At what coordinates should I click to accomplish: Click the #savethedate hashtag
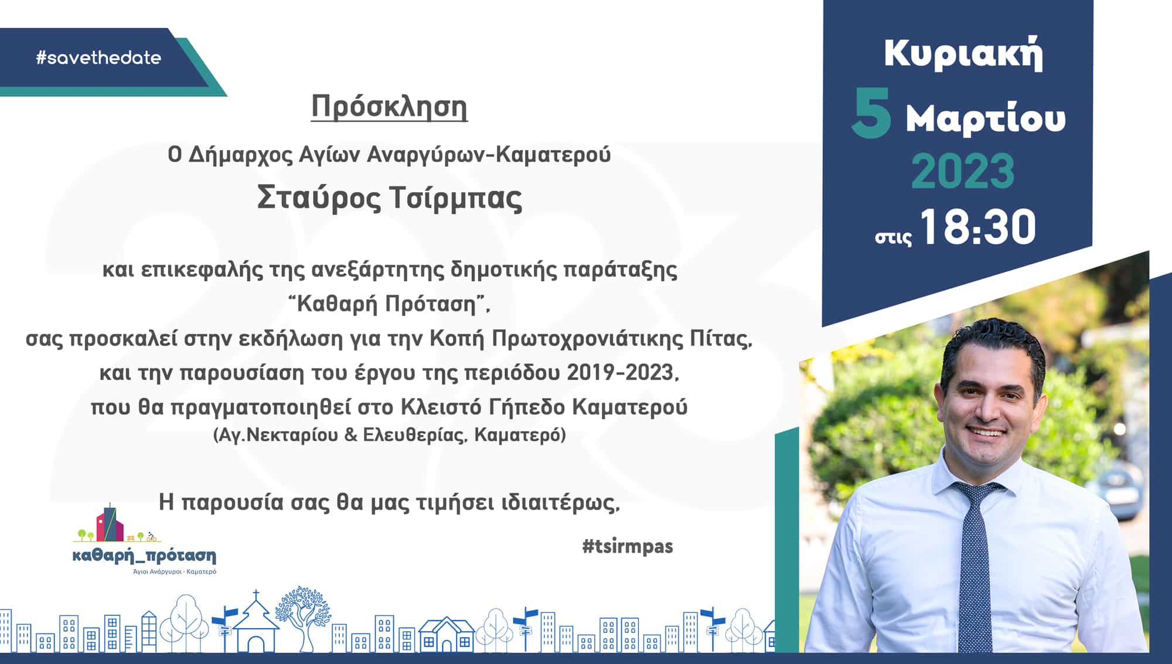pos(98,57)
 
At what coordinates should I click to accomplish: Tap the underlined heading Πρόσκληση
pos(389,107)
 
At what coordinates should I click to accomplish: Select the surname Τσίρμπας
pos(455,198)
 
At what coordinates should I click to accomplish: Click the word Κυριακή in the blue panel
pos(963,55)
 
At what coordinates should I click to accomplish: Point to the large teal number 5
pos(871,114)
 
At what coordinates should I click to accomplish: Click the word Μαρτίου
pos(986,119)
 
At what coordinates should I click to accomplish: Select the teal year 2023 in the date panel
pos(963,171)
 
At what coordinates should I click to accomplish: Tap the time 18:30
pos(977,227)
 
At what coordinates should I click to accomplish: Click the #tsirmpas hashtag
pos(628,546)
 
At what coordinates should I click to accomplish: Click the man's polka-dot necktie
pos(977,563)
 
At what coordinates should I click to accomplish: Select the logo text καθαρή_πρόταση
pos(144,556)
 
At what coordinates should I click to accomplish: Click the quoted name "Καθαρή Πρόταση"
pos(389,304)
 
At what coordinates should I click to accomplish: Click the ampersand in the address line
pos(350,435)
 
